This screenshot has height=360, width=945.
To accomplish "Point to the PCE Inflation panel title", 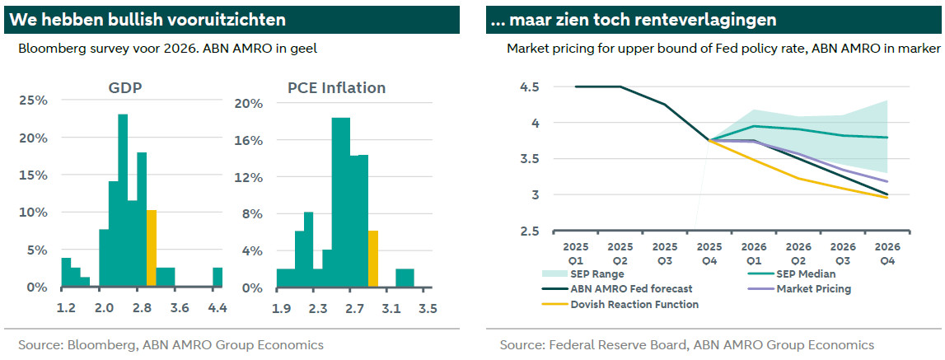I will click(336, 88).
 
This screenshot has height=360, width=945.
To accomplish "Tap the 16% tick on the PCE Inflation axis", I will click(248, 141).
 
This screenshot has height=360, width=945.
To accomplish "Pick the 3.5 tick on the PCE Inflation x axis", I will click(427, 310).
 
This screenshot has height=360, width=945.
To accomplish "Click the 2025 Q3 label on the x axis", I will click(665, 253).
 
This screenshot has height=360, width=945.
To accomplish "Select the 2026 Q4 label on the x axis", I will click(887, 253).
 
